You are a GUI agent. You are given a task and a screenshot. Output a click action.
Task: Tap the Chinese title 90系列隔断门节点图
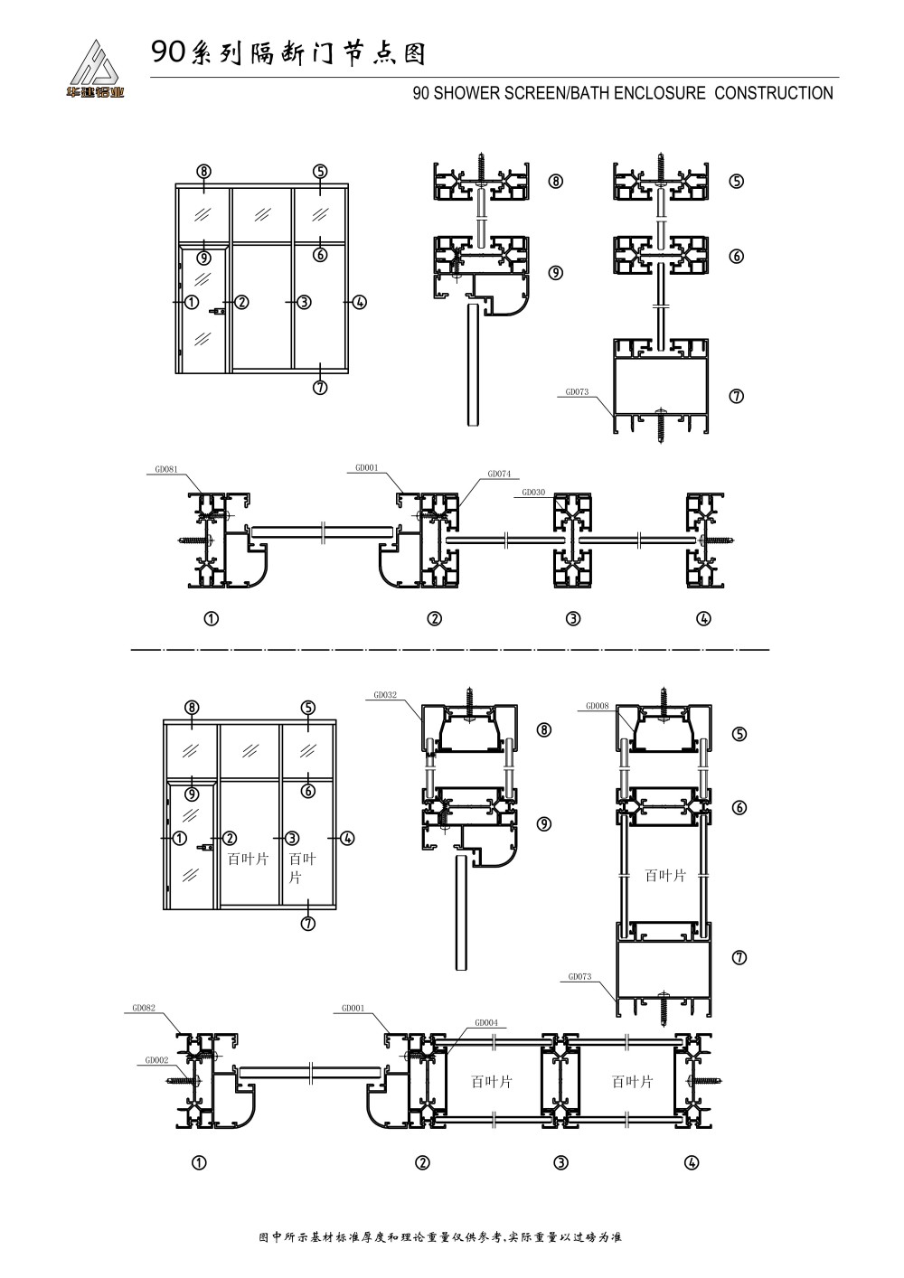[x=287, y=54]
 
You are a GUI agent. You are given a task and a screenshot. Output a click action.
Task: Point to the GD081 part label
[x=166, y=469]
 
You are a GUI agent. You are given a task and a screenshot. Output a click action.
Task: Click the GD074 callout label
[x=499, y=474]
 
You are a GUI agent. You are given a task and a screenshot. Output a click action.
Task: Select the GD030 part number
[x=533, y=493]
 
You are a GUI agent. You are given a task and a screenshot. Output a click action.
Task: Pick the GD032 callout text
[x=385, y=696]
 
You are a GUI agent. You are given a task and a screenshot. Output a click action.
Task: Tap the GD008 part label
[x=597, y=705]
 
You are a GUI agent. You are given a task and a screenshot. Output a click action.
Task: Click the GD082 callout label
[x=144, y=1007]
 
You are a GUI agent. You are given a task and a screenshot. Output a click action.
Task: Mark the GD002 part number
[x=155, y=1060]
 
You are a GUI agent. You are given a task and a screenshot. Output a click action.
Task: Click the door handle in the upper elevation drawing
[x=217, y=312]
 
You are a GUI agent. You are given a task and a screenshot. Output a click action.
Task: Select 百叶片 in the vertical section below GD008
[x=665, y=876]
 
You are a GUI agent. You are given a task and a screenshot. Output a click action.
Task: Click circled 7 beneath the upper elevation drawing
[x=320, y=388]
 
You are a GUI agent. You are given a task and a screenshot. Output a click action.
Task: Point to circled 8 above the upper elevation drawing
[x=204, y=171]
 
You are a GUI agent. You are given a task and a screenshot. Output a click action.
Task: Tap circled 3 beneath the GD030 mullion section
[x=572, y=619]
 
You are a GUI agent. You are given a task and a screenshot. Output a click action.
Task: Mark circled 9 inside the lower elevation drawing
[x=192, y=794]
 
